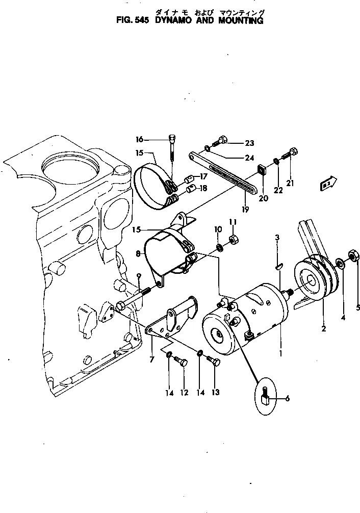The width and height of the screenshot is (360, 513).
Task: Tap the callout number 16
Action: click(139, 139)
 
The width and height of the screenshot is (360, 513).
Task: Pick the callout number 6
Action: click(287, 398)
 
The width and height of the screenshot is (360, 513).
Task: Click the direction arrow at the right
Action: click(327, 184)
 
